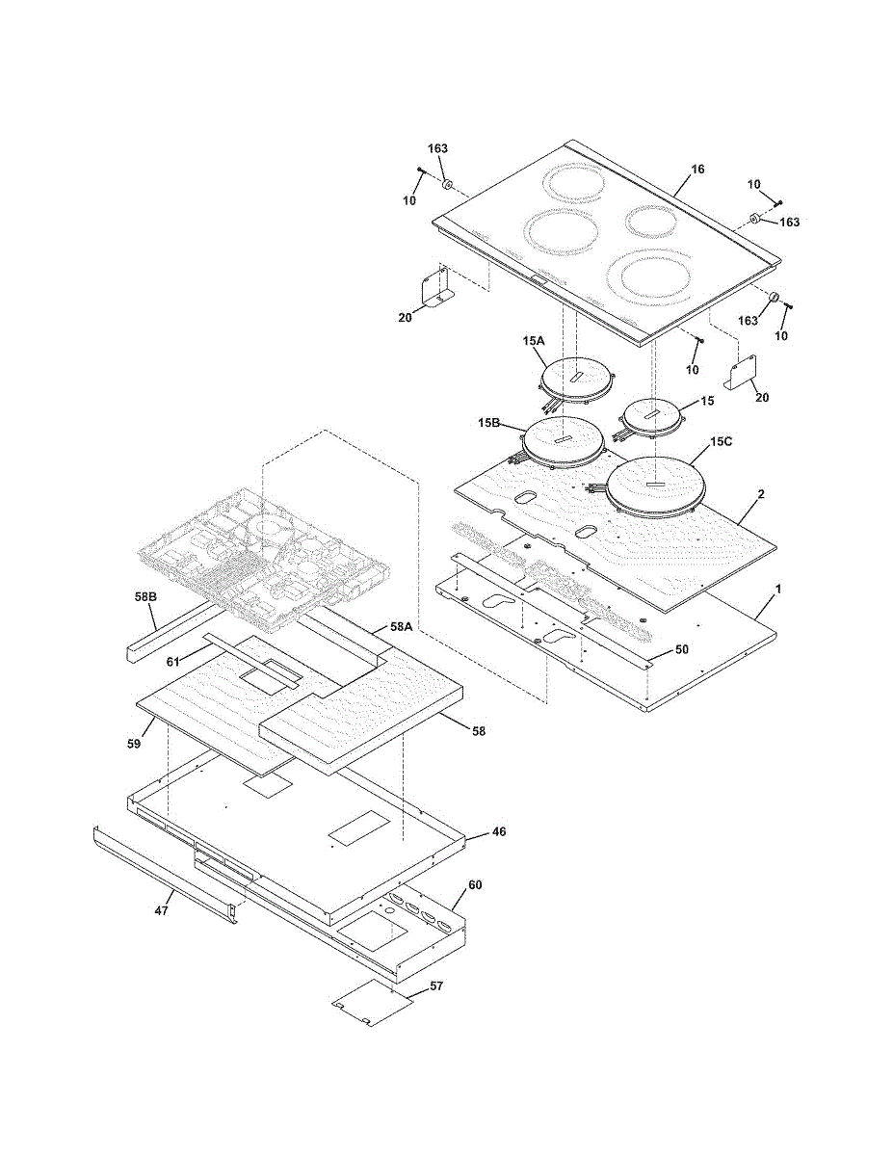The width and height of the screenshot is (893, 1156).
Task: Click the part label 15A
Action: tap(534, 342)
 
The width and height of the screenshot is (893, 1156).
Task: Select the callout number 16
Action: tap(697, 170)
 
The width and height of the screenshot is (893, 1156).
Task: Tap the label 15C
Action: tap(722, 442)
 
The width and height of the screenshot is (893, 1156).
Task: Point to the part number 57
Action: tap(436, 986)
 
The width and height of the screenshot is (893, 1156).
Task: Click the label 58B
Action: tap(145, 598)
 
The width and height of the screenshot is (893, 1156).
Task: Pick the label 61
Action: tap(173, 662)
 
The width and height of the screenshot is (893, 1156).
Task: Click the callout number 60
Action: tap(475, 883)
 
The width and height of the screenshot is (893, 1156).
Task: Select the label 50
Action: tap(681, 650)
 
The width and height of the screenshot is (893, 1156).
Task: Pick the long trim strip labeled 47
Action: tap(164, 871)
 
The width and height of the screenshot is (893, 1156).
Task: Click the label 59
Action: tap(135, 744)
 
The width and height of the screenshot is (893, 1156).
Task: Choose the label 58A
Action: tap(402, 627)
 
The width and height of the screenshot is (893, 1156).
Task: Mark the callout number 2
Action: tap(761, 494)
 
